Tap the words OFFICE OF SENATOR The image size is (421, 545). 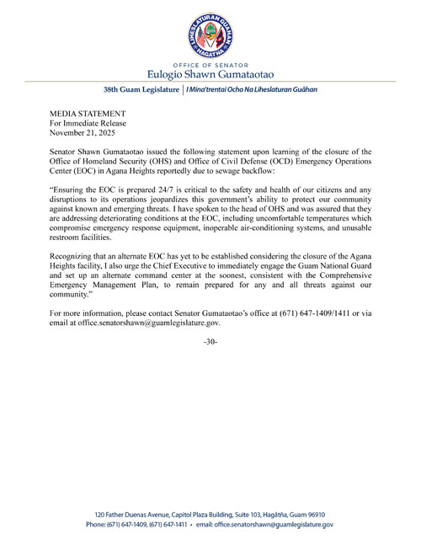[210, 63]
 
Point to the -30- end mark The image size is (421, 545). [210, 342]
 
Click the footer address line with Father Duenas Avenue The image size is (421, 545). [210, 514]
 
